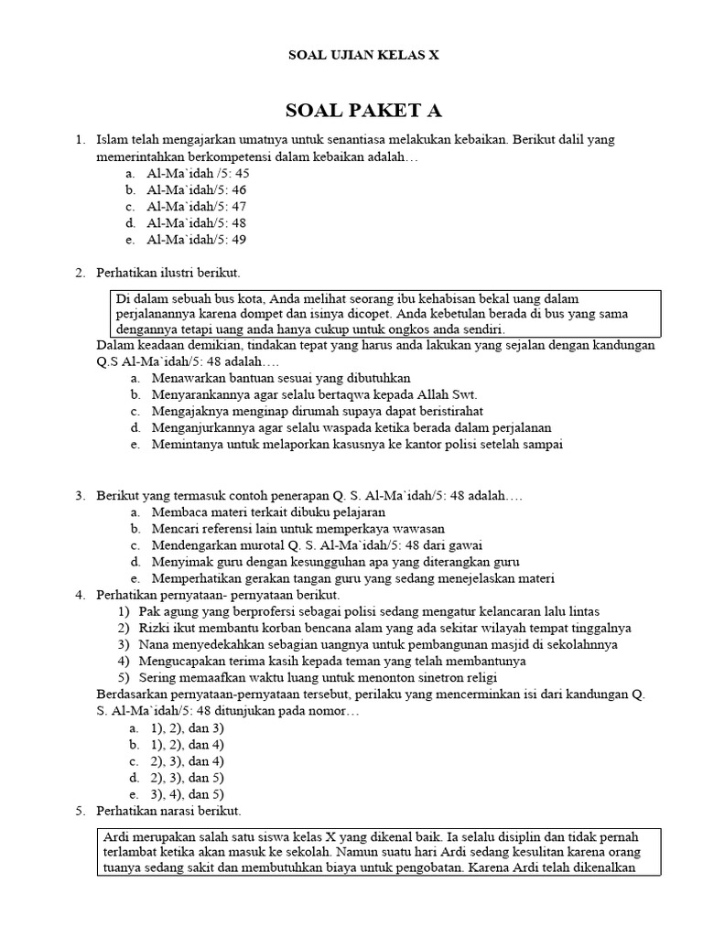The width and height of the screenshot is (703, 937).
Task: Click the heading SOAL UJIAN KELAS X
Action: tap(363, 55)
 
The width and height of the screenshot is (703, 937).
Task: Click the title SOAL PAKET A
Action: tap(363, 111)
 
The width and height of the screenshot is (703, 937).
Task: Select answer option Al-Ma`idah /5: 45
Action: tap(198, 173)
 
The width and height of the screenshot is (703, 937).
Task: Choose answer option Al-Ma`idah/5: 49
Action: tap(196, 240)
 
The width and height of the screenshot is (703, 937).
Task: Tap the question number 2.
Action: tap(80, 273)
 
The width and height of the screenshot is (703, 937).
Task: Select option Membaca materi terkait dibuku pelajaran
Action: tap(268, 512)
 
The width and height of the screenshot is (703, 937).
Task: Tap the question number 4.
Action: tap(80, 596)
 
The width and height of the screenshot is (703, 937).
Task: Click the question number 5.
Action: tap(80, 812)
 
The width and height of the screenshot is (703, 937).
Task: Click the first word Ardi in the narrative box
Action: tap(116, 837)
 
